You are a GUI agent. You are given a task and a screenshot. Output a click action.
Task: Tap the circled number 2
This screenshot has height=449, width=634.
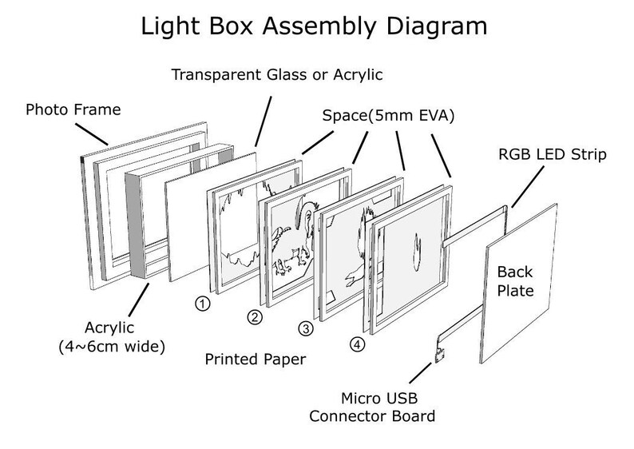click(255, 318)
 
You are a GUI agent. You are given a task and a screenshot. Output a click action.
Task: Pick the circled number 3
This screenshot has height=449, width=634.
click(305, 328)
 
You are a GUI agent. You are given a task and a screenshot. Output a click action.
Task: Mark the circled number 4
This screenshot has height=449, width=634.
click(356, 344)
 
